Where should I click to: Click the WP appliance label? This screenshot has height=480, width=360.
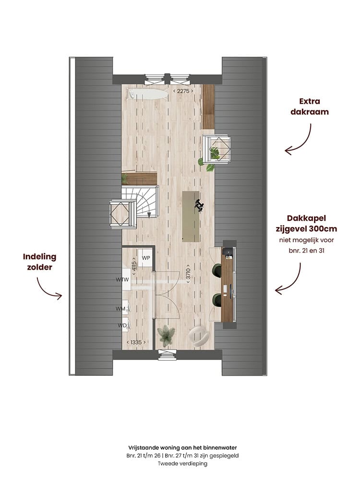146,258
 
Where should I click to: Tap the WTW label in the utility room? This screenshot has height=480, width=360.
122,279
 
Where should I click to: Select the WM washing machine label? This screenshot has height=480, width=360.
120,309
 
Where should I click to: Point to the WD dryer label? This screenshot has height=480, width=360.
122,325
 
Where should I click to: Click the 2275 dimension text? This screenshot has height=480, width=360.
183,91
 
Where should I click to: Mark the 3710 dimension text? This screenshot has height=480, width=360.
188,274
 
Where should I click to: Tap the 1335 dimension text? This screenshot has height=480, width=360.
136,342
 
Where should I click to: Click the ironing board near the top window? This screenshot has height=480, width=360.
148,94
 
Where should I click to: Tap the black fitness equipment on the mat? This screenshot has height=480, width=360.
199,205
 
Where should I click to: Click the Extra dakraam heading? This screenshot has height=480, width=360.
310,107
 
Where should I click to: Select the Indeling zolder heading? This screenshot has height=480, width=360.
39,262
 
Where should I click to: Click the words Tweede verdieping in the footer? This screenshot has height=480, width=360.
182,464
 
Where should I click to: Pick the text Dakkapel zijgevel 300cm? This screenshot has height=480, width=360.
306,224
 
